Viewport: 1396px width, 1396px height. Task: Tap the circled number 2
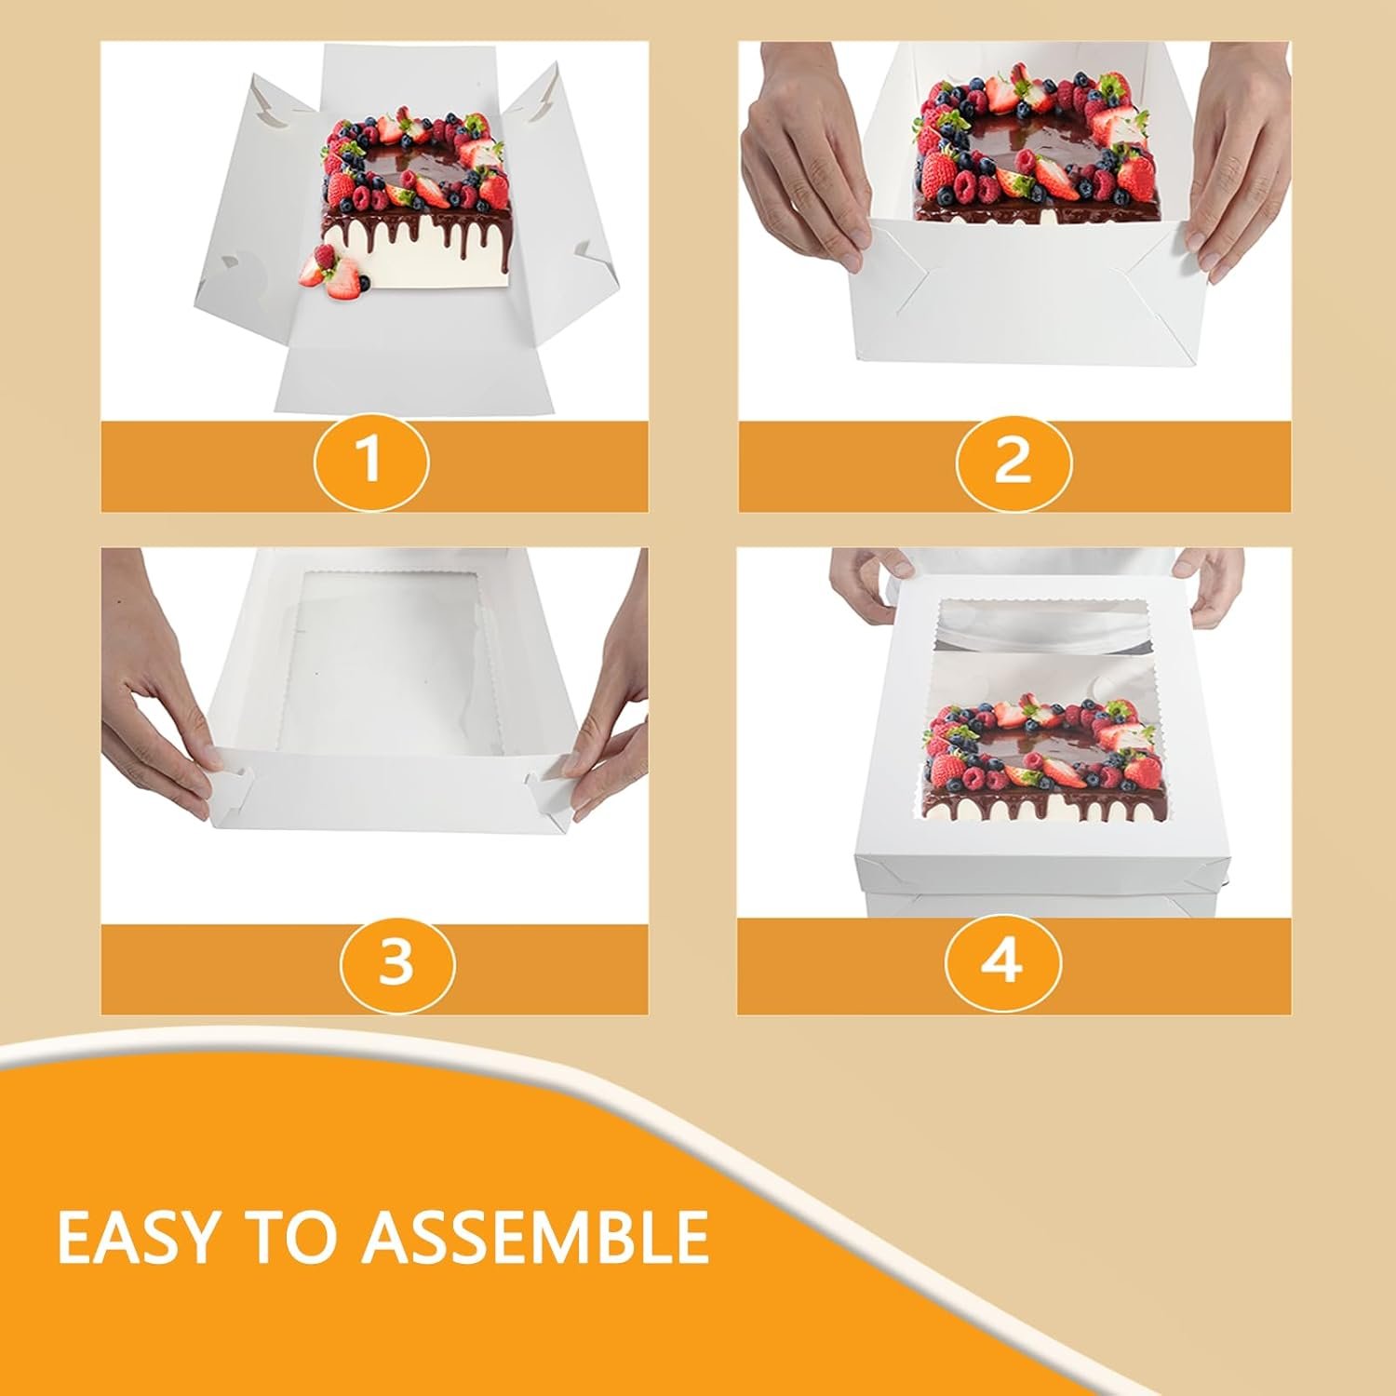[x=1013, y=460]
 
